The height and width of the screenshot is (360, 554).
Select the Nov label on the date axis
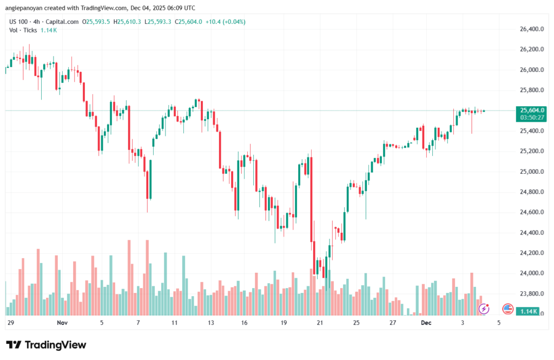[62, 323]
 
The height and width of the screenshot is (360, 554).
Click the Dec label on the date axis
[426, 323]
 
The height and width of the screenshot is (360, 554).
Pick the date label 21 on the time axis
[320, 323]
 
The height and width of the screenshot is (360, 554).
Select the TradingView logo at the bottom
[46, 345]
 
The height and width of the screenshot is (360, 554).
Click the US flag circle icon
[507, 309]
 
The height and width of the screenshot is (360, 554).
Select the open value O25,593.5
[96, 22]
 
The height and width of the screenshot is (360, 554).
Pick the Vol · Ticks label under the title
[23, 30]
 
